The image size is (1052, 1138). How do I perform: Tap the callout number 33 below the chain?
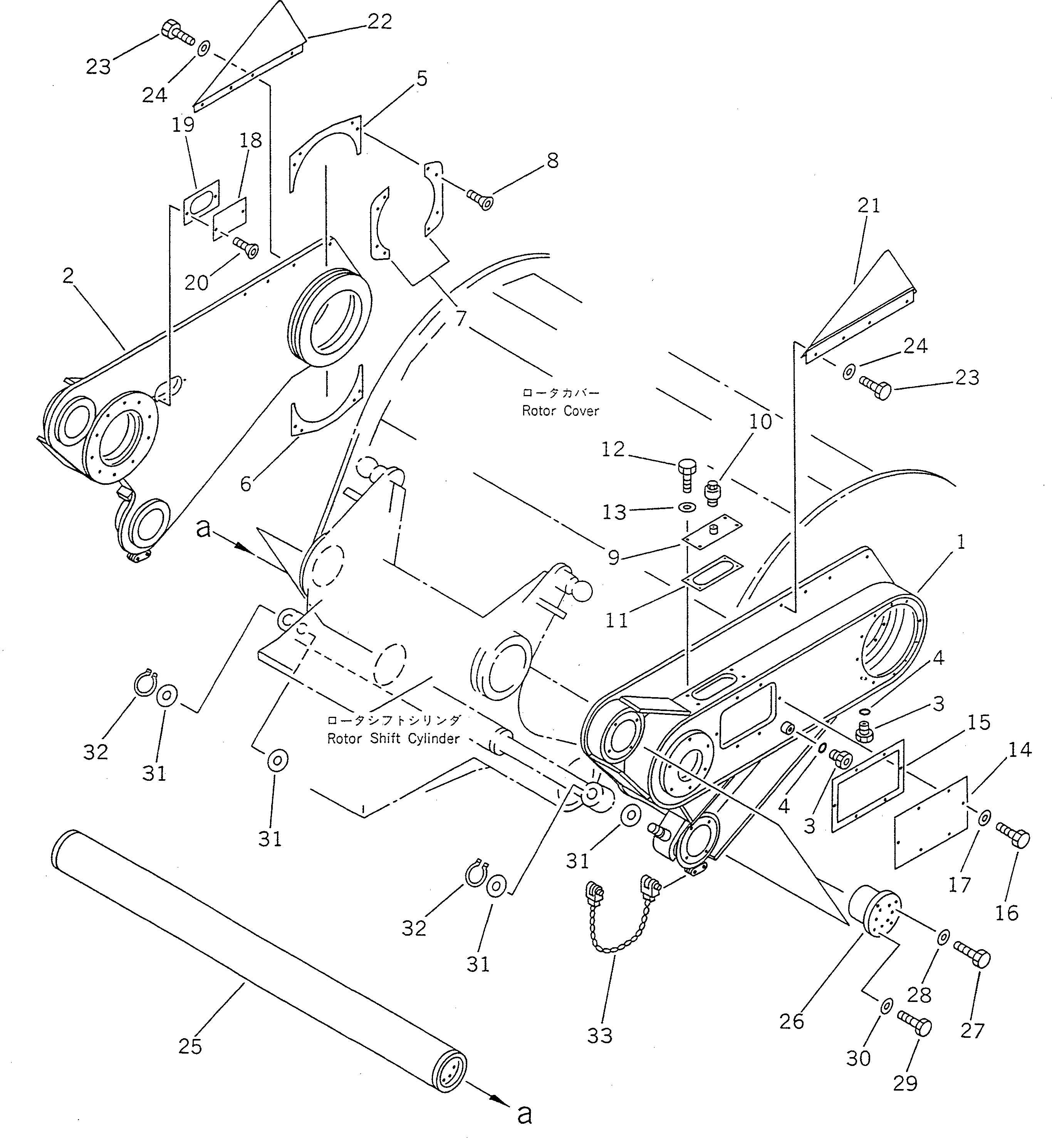pos(599,1035)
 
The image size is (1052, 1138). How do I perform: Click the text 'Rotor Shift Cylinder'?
pos(393,739)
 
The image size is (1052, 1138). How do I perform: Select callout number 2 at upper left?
pos(68,276)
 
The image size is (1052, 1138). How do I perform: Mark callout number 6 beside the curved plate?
pos(246,484)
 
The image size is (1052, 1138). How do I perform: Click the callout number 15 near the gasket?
pos(978,722)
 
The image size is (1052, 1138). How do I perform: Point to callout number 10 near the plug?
pos(760,422)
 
